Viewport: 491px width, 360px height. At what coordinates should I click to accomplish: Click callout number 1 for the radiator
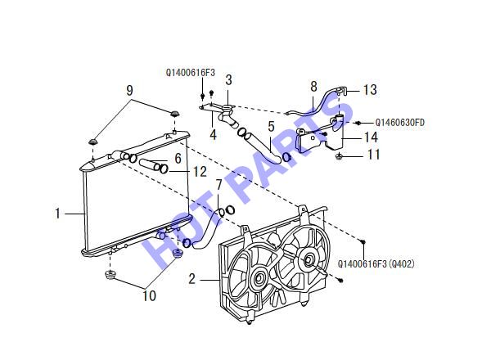(x=57, y=214)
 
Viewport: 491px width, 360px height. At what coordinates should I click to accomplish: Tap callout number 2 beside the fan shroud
(x=192, y=279)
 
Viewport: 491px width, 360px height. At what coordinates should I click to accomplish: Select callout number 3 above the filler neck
(x=228, y=80)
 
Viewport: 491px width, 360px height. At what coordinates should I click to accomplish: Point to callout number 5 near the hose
(x=271, y=127)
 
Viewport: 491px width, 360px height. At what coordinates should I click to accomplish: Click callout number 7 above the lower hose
(x=218, y=185)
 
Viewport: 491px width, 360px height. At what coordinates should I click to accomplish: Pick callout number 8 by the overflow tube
(x=313, y=87)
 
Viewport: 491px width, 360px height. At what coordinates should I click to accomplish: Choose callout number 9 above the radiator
(x=129, y=90)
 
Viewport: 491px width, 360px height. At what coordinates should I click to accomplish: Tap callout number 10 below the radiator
(x=149, y=295)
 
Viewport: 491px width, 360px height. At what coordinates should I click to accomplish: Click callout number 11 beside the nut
(x=373, y=155)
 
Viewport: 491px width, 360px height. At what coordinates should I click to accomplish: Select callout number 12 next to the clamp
(x=200, y=172)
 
